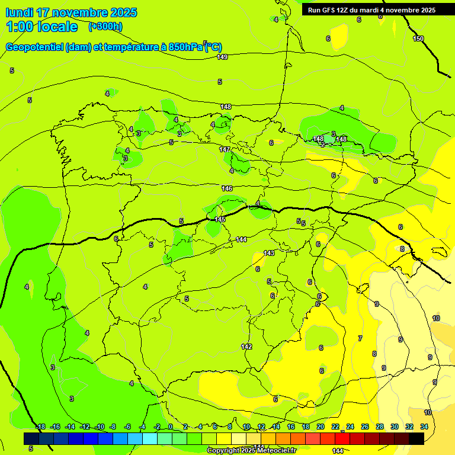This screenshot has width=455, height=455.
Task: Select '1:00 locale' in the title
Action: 41,27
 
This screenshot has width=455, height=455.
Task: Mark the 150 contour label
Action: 418,39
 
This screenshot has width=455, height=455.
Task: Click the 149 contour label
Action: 222,57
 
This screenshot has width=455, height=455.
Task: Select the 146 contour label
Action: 227,188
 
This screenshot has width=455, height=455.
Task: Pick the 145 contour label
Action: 220,219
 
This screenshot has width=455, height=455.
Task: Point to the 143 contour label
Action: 269,253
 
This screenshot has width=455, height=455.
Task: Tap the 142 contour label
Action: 246,346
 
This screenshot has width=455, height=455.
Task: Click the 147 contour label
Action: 225,149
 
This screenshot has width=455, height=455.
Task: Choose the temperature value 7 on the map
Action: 360,338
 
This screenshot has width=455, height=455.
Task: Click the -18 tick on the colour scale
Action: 40,427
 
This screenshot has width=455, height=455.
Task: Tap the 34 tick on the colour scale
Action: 424,427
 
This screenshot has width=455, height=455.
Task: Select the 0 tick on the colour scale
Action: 170,427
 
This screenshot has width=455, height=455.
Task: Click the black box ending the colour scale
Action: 416,438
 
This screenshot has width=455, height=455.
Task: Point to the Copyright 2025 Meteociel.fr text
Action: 251,450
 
